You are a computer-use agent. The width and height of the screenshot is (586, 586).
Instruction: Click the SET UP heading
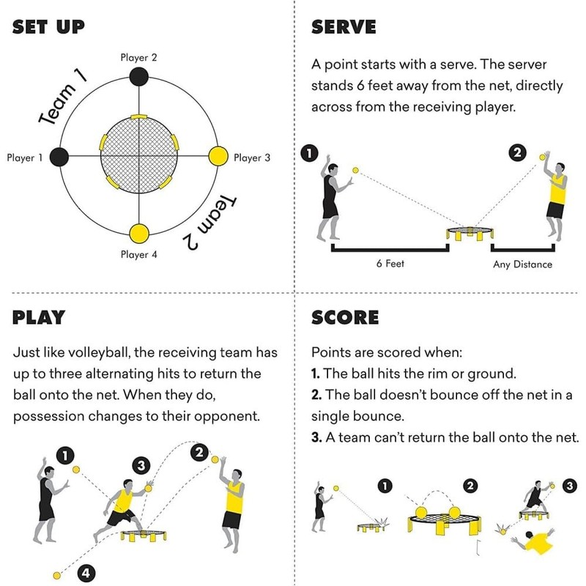click(48, 28)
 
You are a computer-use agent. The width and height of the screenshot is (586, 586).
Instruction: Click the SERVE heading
click(344, 28)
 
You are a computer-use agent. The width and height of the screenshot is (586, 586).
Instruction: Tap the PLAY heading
click(39, 317)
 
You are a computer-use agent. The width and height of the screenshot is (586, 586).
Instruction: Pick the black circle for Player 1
click(59, 157)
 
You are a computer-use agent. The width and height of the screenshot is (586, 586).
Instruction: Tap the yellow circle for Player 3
click(219, 157)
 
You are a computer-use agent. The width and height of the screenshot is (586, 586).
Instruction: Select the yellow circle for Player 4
click(138, 234)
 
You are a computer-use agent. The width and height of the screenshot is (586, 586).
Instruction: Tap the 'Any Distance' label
click(522, 264)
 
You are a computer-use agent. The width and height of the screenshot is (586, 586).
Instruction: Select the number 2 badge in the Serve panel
click(517, 153)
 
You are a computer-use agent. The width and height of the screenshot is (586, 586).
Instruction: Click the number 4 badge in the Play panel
click(87, 573)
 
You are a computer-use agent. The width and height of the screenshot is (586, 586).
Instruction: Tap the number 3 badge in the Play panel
click(141, 465)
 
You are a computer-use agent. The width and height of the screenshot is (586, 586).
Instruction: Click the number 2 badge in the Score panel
click(470, 485)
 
